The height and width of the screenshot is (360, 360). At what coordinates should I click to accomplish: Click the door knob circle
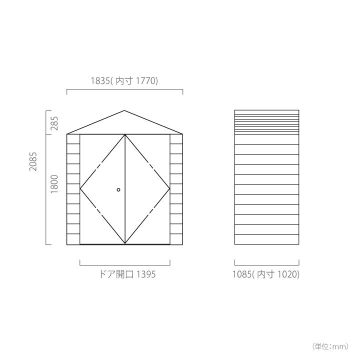pyautogui.click(x=118, y=189)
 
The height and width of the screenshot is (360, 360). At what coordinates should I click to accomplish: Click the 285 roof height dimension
pyautogui.click(x=54, y=123)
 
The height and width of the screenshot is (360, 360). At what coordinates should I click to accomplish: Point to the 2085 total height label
pyautogui.click(x=33, y=161)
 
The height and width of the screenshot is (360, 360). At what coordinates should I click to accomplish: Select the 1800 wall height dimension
pyautogui.click(x=54, y=184)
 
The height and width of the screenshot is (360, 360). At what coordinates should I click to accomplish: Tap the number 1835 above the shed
pyautogui.click(x=100, y=81)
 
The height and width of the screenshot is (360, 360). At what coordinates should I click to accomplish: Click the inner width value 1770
pyautogui.click(x=146, y=81)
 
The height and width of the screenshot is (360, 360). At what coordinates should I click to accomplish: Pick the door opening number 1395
pyautogui.click(x=146, y=274)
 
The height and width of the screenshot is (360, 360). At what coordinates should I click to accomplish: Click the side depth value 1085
pyautogui.click(x=242, y=274)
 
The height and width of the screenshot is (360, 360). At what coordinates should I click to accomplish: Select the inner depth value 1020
pyautogui.click(x=287, y=274)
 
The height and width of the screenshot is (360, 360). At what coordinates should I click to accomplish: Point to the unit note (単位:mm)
pyautogui.click(x=330, y=346)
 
